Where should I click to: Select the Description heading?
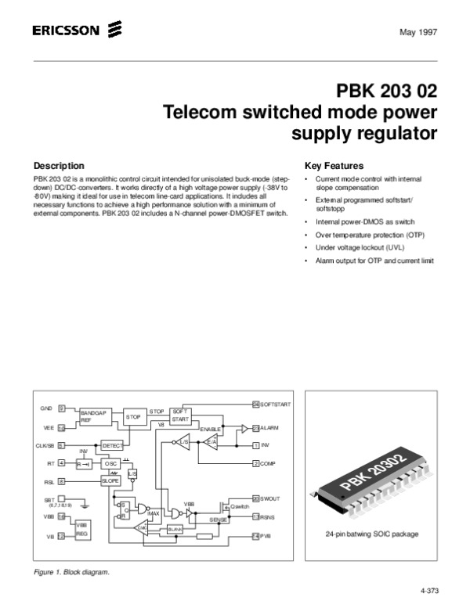59,166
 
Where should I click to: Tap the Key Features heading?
334,166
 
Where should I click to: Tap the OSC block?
110,463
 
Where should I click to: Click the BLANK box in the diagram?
176,529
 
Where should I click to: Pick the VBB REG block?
81,528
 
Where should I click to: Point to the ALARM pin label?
270,428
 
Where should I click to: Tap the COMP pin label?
268,464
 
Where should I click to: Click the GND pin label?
46,409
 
